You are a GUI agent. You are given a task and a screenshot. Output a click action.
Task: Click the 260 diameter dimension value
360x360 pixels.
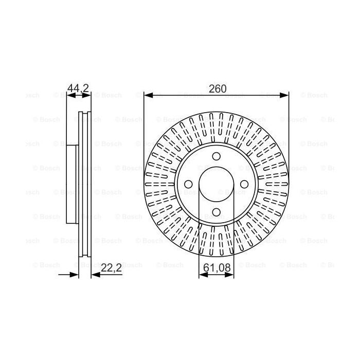point(217,88)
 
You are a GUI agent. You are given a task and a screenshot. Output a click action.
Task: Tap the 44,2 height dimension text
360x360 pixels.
point(79,88)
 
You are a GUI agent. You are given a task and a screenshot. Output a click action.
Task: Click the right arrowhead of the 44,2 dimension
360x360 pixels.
point(88,95)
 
